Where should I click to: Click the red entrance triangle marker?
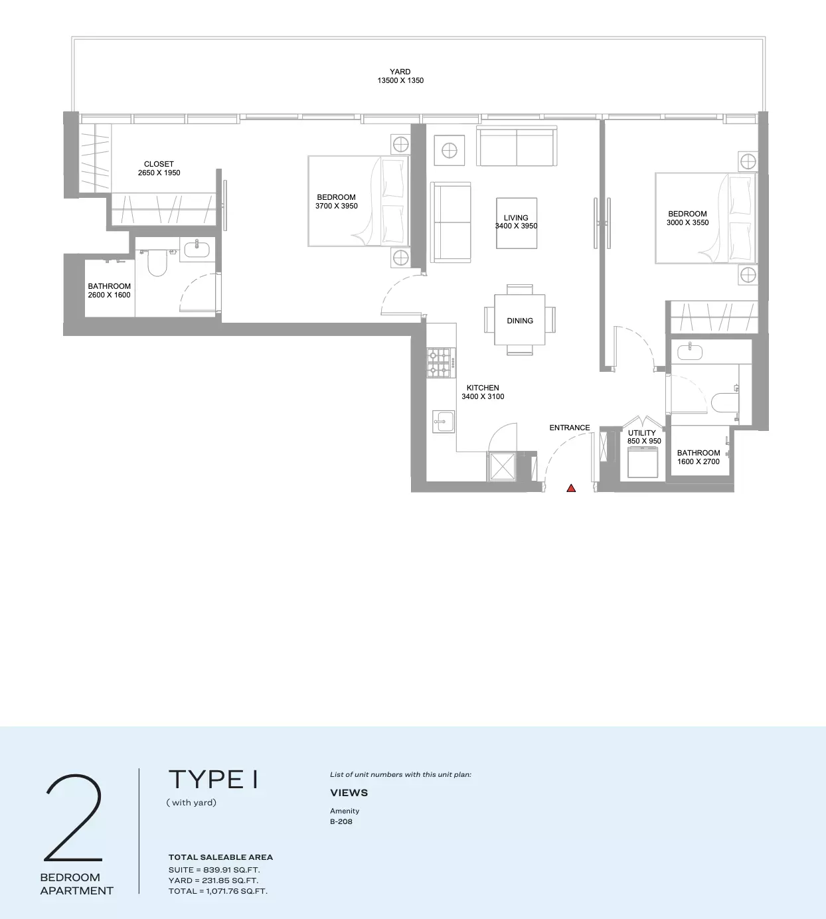coord(571,488)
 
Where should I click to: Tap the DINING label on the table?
coord(519,321)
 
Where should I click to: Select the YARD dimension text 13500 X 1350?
coord(400,80)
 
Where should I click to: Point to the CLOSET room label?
coord(159,164)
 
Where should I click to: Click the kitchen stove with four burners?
coord(440,363)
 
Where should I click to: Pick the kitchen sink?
coord(444,421)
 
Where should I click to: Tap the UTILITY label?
coord(642,433)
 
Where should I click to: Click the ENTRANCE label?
coord(570,428)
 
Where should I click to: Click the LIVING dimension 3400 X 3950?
coord(517,226)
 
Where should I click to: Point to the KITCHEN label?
coord(483,388)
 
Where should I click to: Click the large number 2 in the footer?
coord(73,818)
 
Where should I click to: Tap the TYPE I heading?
coord(214,780)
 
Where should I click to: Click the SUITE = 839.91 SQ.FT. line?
coord(214,869)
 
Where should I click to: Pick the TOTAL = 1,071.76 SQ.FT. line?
coord(218,891)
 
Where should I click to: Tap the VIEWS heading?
coord(349,793)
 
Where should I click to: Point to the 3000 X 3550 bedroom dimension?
coord(688,222)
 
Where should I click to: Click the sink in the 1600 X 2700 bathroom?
coord(690,352)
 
